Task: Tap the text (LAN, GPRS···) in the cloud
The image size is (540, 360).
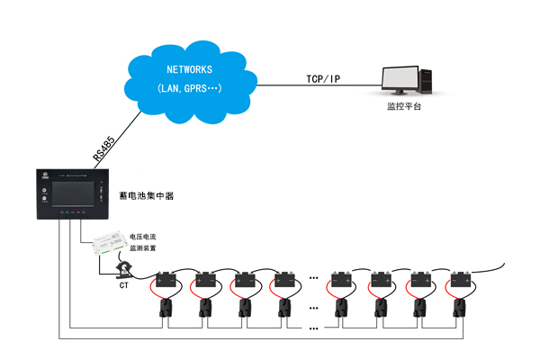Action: pyautogui.click(x=189, y=88)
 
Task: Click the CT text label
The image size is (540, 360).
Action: pyautogui.click(x=123, y=285)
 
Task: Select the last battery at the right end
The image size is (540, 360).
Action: pyautogui.click(x=463, y=280)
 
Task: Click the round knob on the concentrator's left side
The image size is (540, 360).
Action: pyautogui.click(x=43, y=196)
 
